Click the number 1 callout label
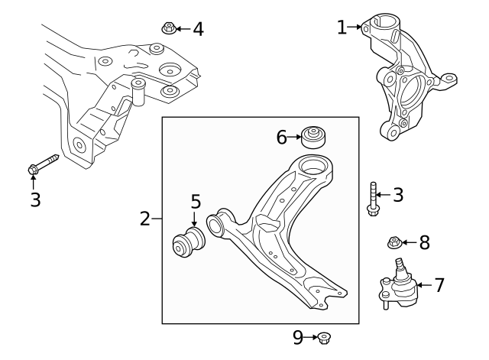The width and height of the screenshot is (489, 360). click(342, 28)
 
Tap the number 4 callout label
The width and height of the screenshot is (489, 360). click(198, 29)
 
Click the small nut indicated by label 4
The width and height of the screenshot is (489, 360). click(169, 29)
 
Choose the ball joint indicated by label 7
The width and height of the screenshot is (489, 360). click(398, 287)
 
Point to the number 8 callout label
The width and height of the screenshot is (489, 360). click(424, 243)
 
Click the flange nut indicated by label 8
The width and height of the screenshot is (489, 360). click(395, 244)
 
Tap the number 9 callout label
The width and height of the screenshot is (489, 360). click(298, 336)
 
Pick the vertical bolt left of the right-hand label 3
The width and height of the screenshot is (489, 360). click(372, 199)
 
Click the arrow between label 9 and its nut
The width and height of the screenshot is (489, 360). click(312, 336)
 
